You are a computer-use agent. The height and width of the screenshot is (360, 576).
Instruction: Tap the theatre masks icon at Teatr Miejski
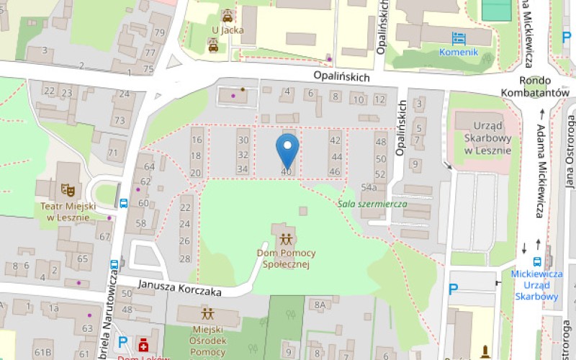(68, 189)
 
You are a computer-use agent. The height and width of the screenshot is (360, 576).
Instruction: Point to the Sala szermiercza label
(373, 204)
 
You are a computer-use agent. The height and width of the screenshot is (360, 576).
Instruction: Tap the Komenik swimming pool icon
(459, 38)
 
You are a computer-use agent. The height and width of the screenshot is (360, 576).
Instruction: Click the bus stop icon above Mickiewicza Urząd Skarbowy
(538, 261)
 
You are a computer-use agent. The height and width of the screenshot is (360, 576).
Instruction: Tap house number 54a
(369, 187)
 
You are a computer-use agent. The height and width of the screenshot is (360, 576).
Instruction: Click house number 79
(158, 33)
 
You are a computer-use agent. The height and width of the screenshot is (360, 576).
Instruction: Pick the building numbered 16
(197, 140)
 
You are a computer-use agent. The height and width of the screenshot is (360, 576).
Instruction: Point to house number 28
(185, 259)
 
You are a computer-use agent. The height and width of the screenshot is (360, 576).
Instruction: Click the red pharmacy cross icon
(143, 343)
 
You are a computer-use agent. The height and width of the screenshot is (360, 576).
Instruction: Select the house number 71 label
(113, 153)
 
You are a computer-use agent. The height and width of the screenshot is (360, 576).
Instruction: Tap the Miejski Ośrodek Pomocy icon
(207, 313)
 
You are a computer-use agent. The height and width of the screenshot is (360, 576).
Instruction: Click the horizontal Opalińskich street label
(341, 75)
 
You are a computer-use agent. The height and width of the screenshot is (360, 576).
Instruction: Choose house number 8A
(320, 305)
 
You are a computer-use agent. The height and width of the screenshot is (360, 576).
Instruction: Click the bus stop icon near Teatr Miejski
(123, 203)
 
